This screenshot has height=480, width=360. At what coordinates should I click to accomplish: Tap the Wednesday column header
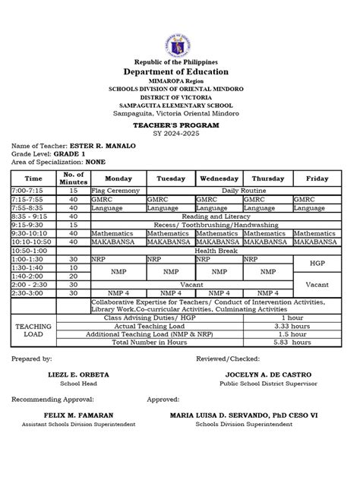[219, 178]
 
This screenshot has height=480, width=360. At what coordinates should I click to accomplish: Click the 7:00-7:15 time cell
[27, 191]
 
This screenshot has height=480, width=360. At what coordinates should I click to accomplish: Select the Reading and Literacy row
[214, 216]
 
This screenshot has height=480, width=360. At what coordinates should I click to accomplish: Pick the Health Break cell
[214, 251]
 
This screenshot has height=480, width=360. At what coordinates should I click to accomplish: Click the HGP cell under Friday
[317, 264]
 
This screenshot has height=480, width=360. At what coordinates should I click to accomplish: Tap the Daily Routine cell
[242, 191]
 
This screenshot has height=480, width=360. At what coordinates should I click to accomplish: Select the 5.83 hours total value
[292, 343]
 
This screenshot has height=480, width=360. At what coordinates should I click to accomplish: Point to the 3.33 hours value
[292, 326]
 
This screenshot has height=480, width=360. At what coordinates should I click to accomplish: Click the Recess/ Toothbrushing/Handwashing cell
[214, 225]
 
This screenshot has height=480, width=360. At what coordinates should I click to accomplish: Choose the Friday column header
[317, 178]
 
